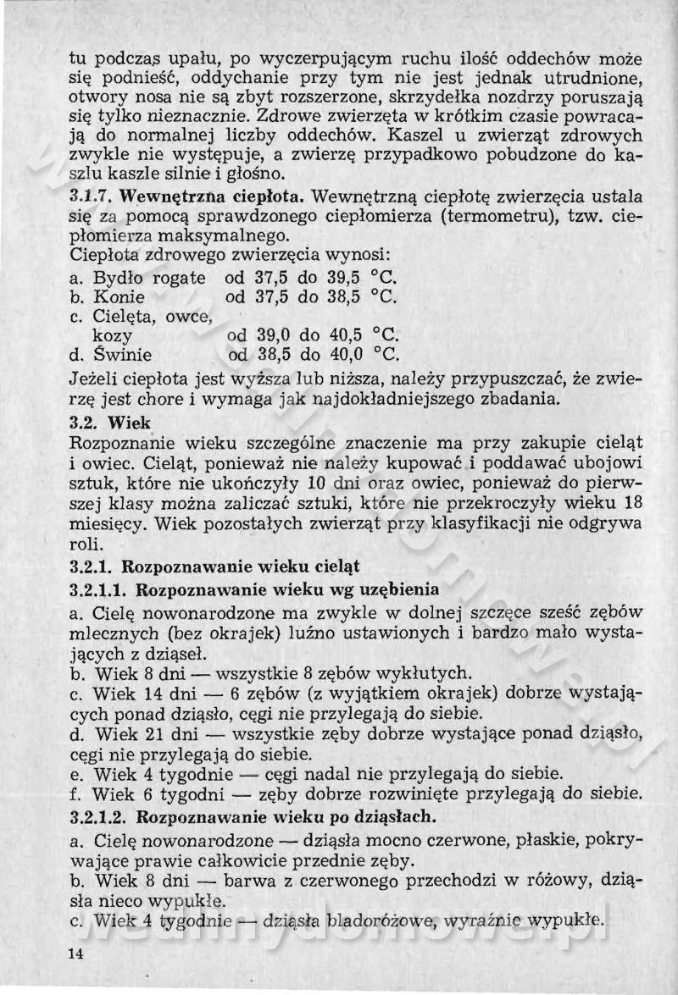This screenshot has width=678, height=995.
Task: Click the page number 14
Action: pyautogui.click(x=76, y=954)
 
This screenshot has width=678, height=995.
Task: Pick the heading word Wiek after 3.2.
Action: pyautogui.click(x=130, y=422)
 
